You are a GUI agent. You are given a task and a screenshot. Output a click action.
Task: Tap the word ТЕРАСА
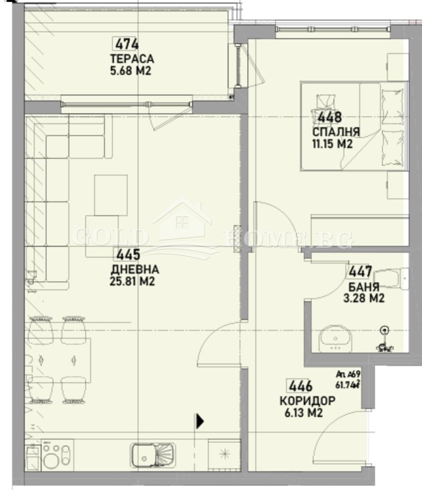pyautogui.click(x=131, y=59)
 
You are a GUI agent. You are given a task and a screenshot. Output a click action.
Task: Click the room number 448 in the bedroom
pyautogui.click(x=329, y=118)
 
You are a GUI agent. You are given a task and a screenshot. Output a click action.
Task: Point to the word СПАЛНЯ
pyautogui.click(x=336, y=132)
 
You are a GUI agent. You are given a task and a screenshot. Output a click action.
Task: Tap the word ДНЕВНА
pyautogui.click(x=135, y=269)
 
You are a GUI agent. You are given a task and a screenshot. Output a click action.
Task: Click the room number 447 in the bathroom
pyautogui.click(x=360, y=271)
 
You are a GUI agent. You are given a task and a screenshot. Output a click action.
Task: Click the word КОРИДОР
pyautogui.click(x=307, y=401)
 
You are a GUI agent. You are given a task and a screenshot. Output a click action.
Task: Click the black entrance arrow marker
pyautogui.click(x=199, y=421)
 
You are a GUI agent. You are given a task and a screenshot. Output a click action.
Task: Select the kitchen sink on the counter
pyautogui.click(x=152, y=454)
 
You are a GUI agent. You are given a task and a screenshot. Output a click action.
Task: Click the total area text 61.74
pyautogui.click(x=347, y=385)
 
